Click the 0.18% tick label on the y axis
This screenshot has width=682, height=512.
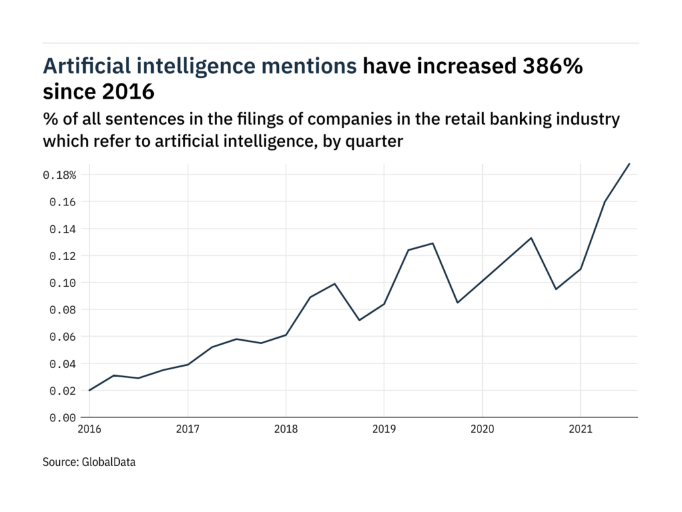tap(61, 175)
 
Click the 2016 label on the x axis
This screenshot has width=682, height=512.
tap(90, 430)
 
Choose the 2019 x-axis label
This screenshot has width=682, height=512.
tap(384, 430)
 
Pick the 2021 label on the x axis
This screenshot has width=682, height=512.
tap(580, 430)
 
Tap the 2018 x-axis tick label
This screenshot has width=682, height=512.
tap(286, 430)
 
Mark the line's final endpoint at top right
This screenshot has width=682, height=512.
tap(629, 163)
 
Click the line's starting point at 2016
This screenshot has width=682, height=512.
tap(90, 391)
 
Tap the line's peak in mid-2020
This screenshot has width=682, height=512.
tap(531, 238)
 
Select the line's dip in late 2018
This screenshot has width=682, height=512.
tap(360, 320)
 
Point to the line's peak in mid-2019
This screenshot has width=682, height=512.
tap(434, 243)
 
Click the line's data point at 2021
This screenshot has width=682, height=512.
tap(580, 269)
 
